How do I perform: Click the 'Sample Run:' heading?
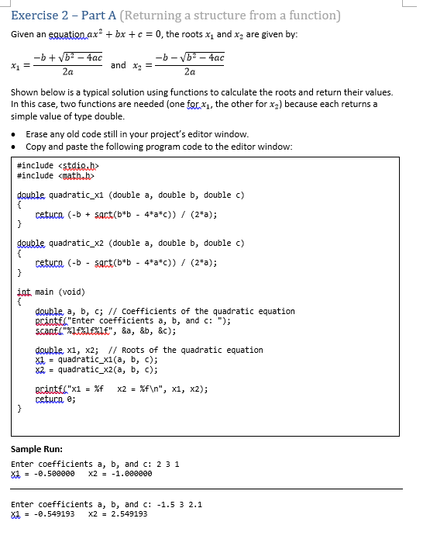(36, 450)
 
